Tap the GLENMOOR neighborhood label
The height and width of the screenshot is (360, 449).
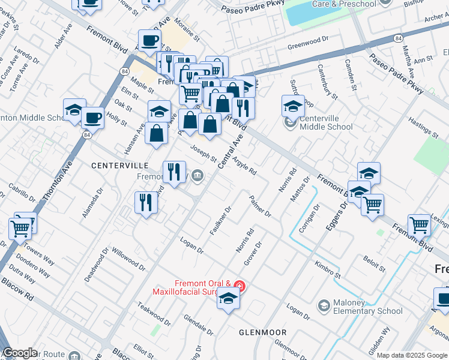pos(262,332)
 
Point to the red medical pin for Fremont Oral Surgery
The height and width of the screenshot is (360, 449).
pos(239,286)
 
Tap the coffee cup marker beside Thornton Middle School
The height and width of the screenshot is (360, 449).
pos(92,116)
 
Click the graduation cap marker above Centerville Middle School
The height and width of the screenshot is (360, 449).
pos(293,106)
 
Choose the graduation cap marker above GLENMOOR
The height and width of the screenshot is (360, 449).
pos(228,298)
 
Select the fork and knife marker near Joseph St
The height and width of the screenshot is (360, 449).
pos(175,172)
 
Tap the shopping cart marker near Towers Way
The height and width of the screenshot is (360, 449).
pos(20,227)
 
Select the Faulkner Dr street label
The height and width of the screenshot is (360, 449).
pos(221,221)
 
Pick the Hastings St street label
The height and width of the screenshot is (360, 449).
pos(423,128)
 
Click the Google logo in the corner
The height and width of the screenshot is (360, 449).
pos(20,353)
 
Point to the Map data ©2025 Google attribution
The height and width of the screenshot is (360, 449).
pos(412,355)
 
